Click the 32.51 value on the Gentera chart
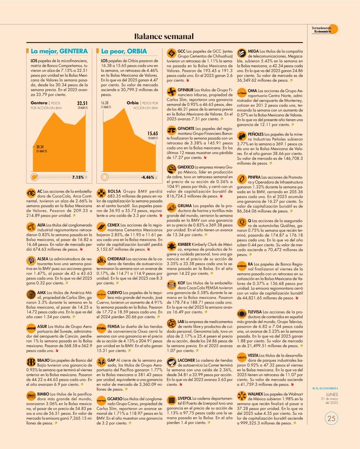tap(82, 104)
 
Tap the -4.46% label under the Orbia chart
tap(148, 177)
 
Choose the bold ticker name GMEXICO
tap(187, 167)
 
